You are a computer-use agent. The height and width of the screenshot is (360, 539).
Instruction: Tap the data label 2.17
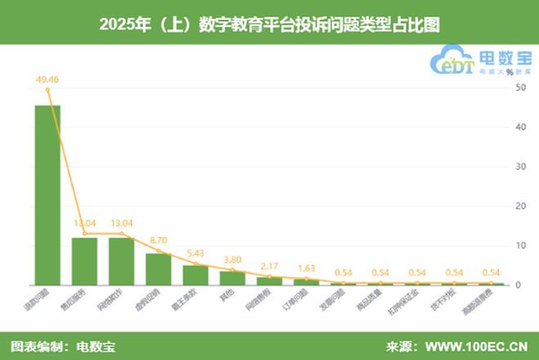(269, 267)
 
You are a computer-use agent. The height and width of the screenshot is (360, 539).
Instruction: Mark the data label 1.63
(306, 269)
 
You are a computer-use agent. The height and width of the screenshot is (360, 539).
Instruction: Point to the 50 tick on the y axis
(519, 88)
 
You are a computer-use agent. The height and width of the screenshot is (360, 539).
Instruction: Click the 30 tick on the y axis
(519, 167)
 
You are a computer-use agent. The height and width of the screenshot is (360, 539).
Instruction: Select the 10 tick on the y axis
(519, 246)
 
